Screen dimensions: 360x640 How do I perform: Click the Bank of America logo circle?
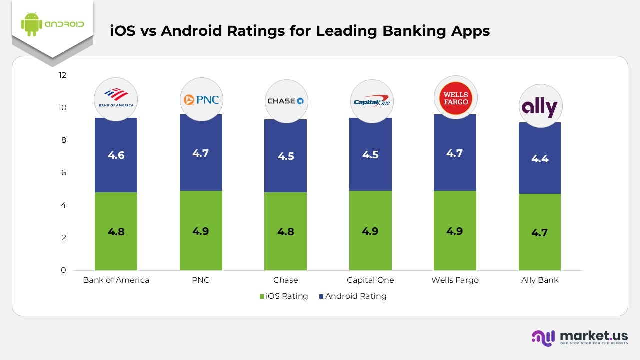pos(116,99)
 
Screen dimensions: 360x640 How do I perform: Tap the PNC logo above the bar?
pos(201,99)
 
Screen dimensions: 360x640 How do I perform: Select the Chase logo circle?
pos(286,101)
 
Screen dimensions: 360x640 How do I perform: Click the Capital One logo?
pos(371,101)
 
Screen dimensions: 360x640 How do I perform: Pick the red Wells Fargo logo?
pos(455,98)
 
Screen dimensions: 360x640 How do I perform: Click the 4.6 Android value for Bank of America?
pos(116,155)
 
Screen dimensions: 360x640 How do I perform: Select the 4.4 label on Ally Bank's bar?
pos(540,159)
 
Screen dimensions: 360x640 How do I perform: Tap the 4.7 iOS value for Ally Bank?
pos(540,232)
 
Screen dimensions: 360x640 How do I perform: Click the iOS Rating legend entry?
pos(284,296)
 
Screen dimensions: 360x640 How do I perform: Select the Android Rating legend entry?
pos(352,296)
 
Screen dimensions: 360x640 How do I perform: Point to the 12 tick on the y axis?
pos(62,75)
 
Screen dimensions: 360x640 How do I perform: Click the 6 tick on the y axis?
pos(63,173)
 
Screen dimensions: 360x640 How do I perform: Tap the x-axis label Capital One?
pos(370,280)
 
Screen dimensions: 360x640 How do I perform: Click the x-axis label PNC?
pos(201,280)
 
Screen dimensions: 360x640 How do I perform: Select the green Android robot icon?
pos(31,24)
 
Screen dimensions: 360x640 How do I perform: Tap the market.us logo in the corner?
pos(579,338)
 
